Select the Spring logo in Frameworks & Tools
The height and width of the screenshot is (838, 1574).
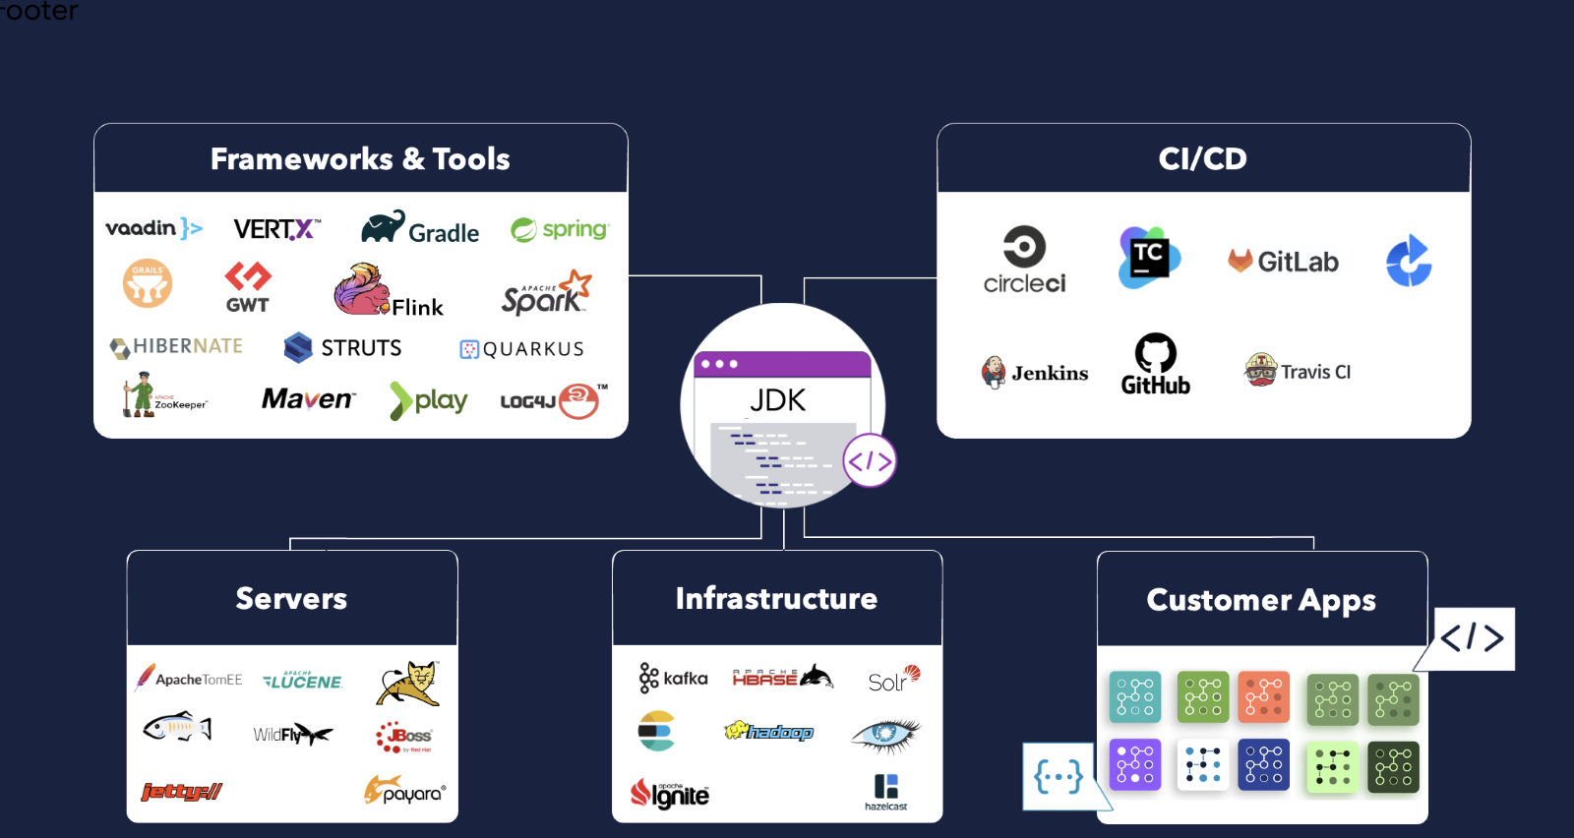coord(560,229)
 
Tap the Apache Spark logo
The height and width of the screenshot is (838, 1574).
coord(546,293)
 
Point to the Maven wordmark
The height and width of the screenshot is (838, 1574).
coord(308,398)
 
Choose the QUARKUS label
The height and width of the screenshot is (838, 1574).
coord(522,349)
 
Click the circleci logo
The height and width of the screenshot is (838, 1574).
coord(1024,261)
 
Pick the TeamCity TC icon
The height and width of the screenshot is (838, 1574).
coord(1148,258)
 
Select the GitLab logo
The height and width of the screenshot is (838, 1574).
coord(1283,262)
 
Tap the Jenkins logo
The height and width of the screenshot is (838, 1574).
coord(1035,373)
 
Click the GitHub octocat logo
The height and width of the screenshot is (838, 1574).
coord(1156,364)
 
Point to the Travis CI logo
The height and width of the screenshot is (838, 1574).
coord(1298,371)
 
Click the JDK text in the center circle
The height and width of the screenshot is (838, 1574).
coord(777,400)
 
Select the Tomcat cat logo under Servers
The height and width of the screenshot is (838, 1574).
coord(408,684)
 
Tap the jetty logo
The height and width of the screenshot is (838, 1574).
coord(182,792)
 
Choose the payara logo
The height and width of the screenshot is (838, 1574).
coord(404,790)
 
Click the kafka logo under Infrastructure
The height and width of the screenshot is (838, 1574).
coord(674,678)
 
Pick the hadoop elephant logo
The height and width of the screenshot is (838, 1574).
coord(768,732)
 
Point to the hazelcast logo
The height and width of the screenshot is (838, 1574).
coord(886,792)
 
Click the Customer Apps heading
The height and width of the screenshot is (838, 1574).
coord(1261,600)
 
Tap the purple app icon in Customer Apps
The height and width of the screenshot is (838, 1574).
coord(1135,764)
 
